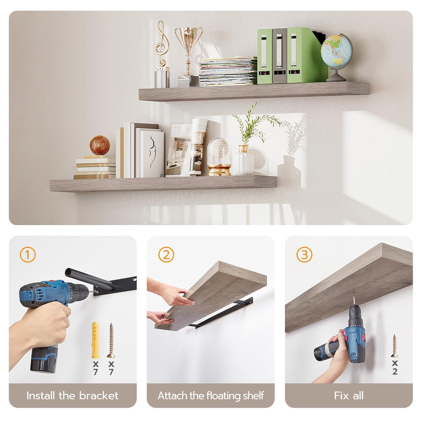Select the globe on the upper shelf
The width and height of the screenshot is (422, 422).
pyautogui.click(x=336, y=50)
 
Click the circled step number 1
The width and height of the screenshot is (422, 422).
pyautogui.click(x=28, y=255)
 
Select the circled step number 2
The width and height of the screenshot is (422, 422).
pyautogui.click(x=166, y=255)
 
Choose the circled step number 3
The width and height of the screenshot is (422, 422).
pyautogui.click(x=304, y=255)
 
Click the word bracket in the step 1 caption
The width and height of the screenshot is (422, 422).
pyautogui.click(x=99, y=396)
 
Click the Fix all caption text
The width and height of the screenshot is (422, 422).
pyautogui.click(x=349, y=396)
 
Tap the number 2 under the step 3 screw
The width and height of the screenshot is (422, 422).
pyautogui.click(x=395, y=371)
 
